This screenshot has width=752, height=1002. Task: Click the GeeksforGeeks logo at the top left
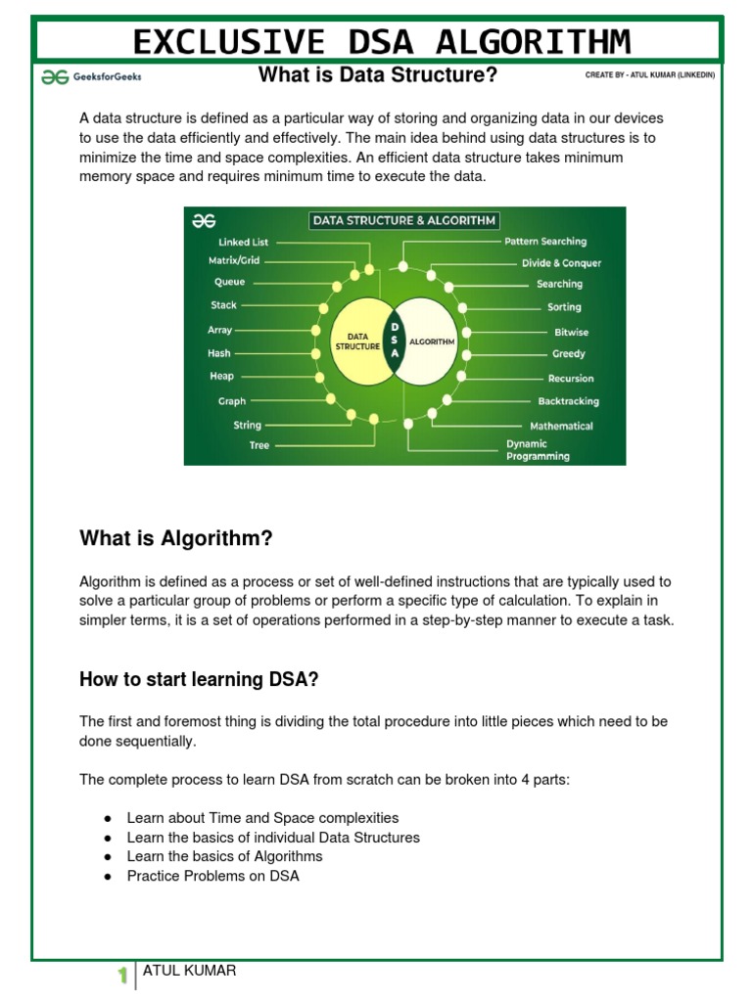91,75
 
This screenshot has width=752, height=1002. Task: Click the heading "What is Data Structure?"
371,74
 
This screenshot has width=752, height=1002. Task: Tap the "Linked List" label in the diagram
243,242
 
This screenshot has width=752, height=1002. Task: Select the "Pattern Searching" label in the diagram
545,241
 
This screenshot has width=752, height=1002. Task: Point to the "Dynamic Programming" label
538,450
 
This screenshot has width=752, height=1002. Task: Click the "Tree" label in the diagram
258,445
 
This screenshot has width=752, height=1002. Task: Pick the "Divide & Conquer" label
561,262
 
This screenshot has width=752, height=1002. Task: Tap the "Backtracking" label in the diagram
568,401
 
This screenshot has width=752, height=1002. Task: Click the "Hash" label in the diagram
219,353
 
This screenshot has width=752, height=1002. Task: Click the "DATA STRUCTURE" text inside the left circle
357,342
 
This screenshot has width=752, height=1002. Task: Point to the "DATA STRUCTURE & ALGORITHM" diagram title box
403,220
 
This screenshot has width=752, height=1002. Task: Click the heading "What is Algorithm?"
175,539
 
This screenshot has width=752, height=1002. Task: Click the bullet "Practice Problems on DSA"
212,876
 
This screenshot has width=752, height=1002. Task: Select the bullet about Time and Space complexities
262,817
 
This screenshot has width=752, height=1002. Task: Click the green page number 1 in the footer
122,975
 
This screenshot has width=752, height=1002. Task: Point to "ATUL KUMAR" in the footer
189,971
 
